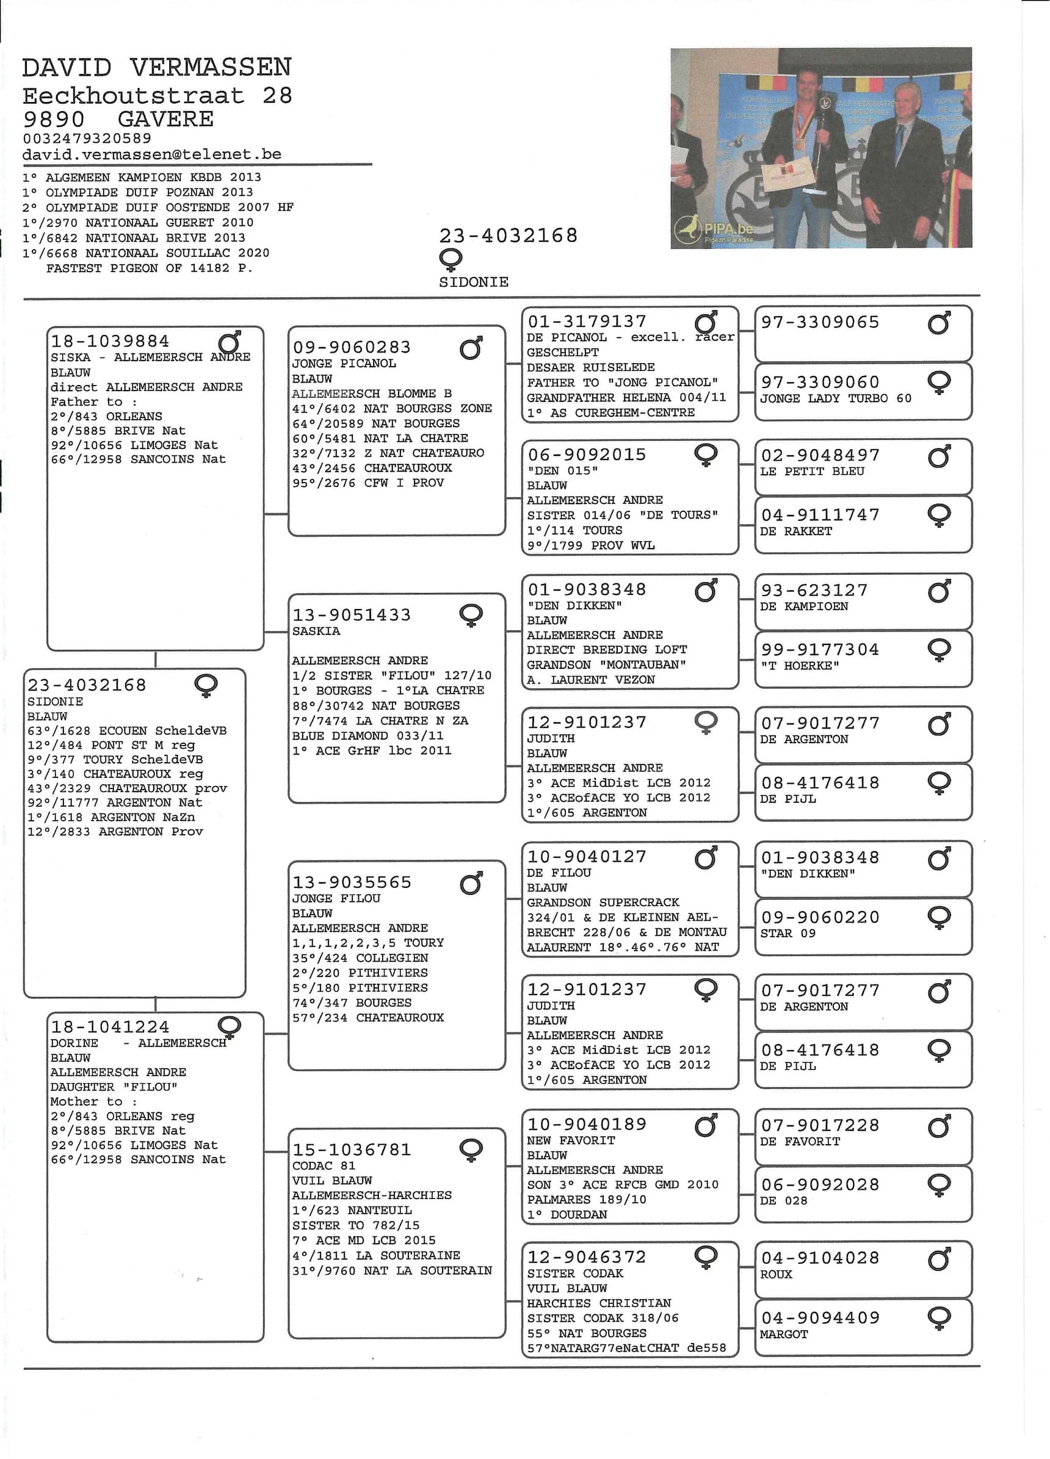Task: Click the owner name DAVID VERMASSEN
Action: click(156, 68)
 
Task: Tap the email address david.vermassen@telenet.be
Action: click(152, 154)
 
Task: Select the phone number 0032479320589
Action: click(87, 139)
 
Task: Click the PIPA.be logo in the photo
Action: click(714, 229)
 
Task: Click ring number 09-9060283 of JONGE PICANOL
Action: click(351, 347)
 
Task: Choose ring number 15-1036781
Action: click(351, 1150)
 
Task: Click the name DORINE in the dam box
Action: click(74, 1043)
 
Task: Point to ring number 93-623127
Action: click(814, 590)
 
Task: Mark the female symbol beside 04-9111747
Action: click(939, 514)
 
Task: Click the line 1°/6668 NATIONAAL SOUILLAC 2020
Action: click(145, 253)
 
